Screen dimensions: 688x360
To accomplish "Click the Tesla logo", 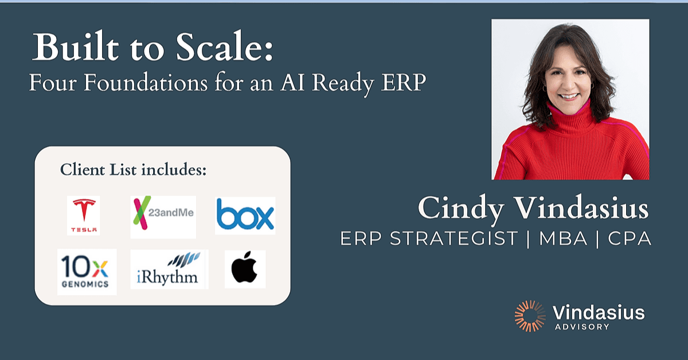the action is tap(84, 216).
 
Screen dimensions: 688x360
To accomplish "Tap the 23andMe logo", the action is tap(163, 217).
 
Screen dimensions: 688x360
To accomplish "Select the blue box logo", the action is tap(245, 216).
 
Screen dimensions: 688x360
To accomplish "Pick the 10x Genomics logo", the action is tap(87, 272).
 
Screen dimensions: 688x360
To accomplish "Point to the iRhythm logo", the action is tap(170, 269).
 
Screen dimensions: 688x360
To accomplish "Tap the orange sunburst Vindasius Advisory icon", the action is tap(530, 316).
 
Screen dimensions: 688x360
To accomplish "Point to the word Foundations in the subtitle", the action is tap(146, 83).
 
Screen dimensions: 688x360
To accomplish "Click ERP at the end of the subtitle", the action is tap(404, 83).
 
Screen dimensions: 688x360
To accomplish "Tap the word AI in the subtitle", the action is tap(292, 83).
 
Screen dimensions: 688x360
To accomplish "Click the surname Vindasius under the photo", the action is tap(581, 208).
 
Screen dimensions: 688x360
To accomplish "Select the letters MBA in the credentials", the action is tap(563, 238).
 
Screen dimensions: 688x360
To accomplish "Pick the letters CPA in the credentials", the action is tap(630, 238).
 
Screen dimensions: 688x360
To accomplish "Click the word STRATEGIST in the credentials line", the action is tap(454, 238).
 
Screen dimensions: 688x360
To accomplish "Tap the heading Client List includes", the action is tap(133, 170).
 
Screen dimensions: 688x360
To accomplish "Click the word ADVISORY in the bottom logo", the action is tap(582, 327).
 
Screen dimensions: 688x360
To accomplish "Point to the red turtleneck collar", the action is tap(570, 118).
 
